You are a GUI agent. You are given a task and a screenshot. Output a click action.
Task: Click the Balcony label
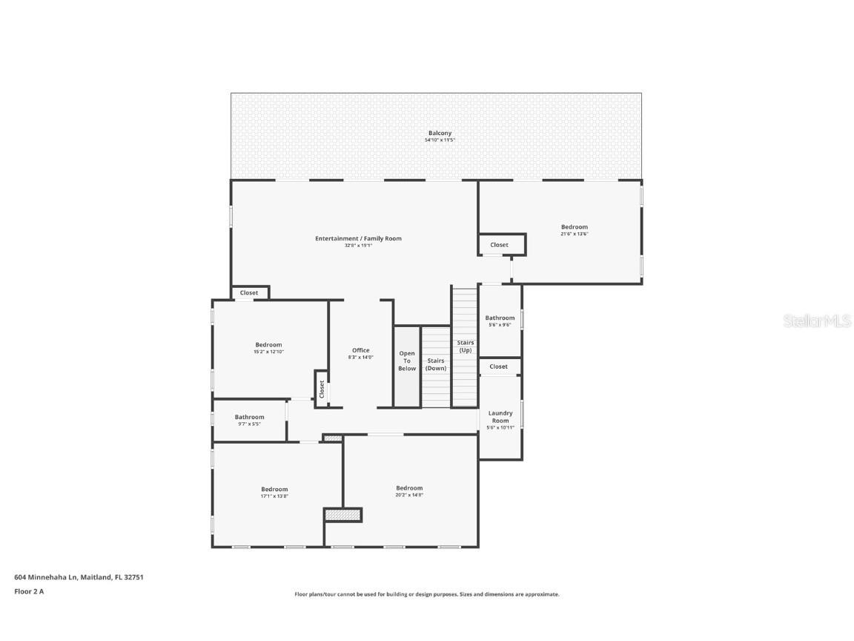(x=440, y=134)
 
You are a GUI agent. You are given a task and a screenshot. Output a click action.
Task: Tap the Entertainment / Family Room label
(x=358, y=239)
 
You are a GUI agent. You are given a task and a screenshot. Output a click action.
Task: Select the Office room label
(x=361, y=351)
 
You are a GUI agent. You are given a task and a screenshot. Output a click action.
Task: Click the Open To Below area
(x=407, y=361)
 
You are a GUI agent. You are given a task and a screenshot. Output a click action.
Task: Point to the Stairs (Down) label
(x=436, y=364)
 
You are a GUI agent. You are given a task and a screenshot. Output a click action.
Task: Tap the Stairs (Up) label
(x=465, y=346)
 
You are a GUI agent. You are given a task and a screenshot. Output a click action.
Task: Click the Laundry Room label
(x=500, y=417)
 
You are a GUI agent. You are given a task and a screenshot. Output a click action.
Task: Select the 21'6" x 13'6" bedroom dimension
(x=575, y=234)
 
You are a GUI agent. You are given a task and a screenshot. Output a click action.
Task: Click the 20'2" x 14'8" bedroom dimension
(x=409, y=496)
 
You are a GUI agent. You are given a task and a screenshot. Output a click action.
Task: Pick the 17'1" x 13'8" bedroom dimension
(x=274, y=496)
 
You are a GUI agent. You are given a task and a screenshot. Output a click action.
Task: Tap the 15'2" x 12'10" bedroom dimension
(x=268, y=352)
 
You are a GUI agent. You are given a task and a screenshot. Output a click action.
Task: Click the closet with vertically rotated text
(x=322, y=389)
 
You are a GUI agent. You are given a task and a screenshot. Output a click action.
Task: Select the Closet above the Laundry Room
(x=499, y=366)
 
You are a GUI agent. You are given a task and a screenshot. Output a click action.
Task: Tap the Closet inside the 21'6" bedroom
(x=499, y=245)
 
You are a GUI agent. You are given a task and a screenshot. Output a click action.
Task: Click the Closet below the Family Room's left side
(x=249, y=293)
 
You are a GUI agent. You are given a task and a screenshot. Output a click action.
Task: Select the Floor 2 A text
(x=30, y=591)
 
